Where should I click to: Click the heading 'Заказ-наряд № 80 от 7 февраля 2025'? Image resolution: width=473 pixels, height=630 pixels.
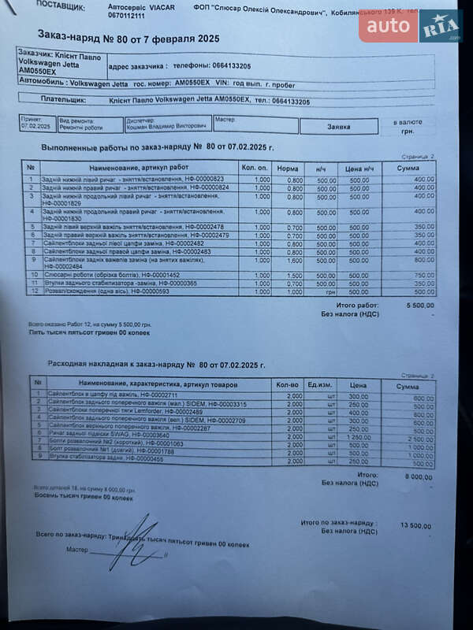pyautogui.click(x=128, y=37)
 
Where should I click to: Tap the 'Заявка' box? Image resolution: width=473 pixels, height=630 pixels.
pyautogui.click(x=338, y=126)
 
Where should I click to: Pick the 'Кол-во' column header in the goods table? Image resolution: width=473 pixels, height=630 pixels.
pyautogui.click(x=288, y=385)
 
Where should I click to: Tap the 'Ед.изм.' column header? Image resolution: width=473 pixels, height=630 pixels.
pyautogui.click(x=319, y=385)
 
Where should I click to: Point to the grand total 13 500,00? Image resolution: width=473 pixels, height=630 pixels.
pyautogui.click(x=415, y=525)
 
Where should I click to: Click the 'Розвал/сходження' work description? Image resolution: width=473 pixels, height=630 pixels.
pyautogui.click(x=95, y=291)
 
